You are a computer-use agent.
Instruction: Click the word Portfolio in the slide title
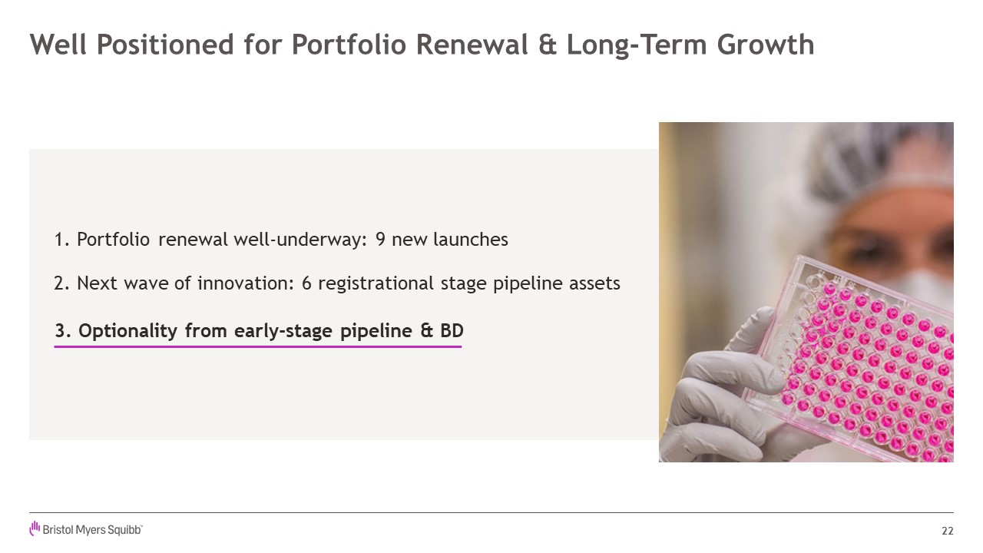pos(349,45)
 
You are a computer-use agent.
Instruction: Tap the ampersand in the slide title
pos(548,45)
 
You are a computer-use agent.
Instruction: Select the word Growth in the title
pos(766,45)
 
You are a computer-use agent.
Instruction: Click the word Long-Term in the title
pos(637,45)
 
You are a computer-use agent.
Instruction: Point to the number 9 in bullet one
pos(380,240)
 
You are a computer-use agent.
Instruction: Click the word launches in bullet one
pos(471,239)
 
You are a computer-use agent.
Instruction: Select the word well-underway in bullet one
pos(300,240)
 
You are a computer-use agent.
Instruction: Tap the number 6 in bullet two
pos(306,283)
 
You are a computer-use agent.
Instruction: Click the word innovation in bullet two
pos(245,283)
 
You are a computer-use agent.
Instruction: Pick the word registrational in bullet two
pos(376,284)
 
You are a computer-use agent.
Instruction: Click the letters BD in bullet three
pos(452,331)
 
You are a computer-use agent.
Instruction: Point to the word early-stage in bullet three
pos(285,331)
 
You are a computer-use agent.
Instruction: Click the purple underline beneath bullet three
pos(257,346)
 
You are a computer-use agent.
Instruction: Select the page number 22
pos(948,531)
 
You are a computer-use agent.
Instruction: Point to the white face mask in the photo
pos(922,285)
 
